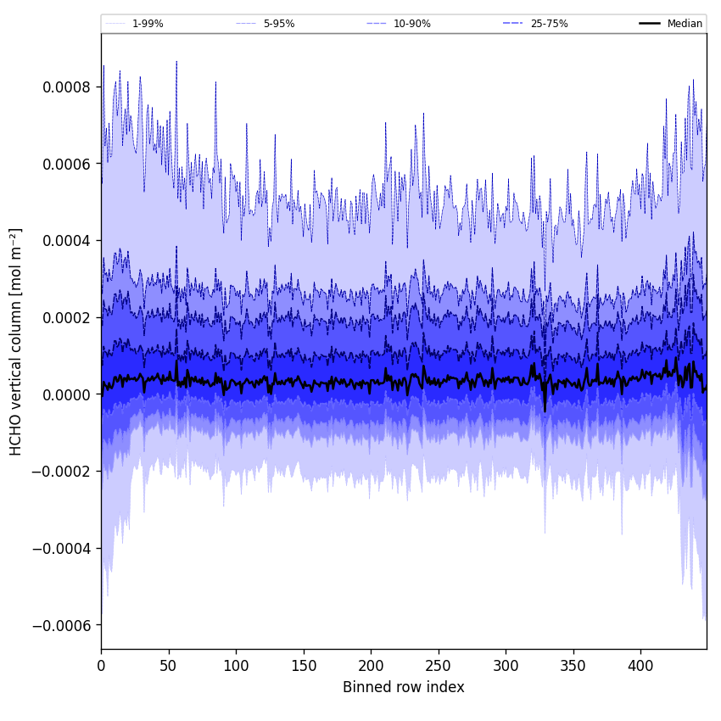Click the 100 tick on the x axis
[x=236, y=666]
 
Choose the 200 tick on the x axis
[x=371, y=666]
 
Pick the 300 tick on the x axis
[x=506, y=666]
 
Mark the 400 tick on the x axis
[x=640, y=666]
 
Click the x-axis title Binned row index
[x=404, y=687]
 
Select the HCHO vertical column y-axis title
[x=16, y=341]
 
